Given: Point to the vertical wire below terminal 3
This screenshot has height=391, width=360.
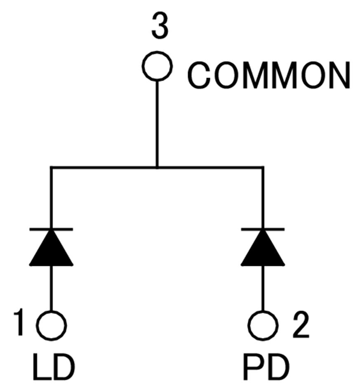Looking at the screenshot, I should click(x=157, y=124).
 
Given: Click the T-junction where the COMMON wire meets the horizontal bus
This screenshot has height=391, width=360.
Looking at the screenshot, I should click(x=157, y=167).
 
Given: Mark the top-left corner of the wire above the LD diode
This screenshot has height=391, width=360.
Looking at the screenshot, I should click(x=51, y=167).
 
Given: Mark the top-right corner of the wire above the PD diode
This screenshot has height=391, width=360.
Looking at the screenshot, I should click(x=263, y=167).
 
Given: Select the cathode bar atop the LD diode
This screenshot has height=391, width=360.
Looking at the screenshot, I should click(x=51, y=229).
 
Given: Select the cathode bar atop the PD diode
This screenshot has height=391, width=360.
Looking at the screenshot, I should click(x=263, y=229).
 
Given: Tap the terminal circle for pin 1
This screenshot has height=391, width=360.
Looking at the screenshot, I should click(x=51, y=325).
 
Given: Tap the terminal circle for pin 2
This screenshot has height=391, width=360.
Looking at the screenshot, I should click(x=263, y=325).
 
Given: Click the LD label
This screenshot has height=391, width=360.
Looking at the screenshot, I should click(x=51, y=368).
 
